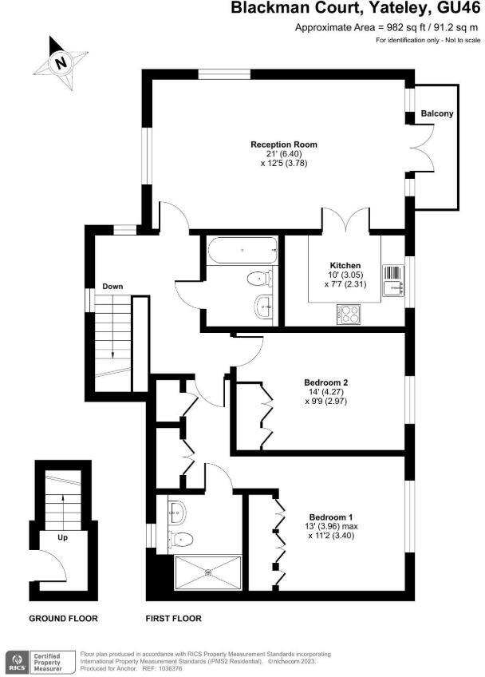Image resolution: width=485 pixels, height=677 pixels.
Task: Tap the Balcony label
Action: [437, 113]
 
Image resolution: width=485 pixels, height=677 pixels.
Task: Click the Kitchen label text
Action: [345, 265]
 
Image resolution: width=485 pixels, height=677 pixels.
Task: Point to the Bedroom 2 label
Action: [325, 382]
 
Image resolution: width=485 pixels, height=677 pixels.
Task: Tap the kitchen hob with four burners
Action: [349, 314]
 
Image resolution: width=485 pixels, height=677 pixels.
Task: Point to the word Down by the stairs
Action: [112, 286]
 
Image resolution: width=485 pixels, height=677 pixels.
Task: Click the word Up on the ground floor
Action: [51, 538]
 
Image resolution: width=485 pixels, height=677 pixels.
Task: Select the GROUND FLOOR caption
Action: [63, 618]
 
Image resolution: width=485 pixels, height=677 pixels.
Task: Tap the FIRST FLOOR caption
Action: [173, 618]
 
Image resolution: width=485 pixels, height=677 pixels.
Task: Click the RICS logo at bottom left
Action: [14, 660]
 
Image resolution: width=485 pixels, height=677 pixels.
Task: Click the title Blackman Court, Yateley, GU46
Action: [356, 10]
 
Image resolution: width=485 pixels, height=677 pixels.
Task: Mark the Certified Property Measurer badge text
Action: [51, 660]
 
